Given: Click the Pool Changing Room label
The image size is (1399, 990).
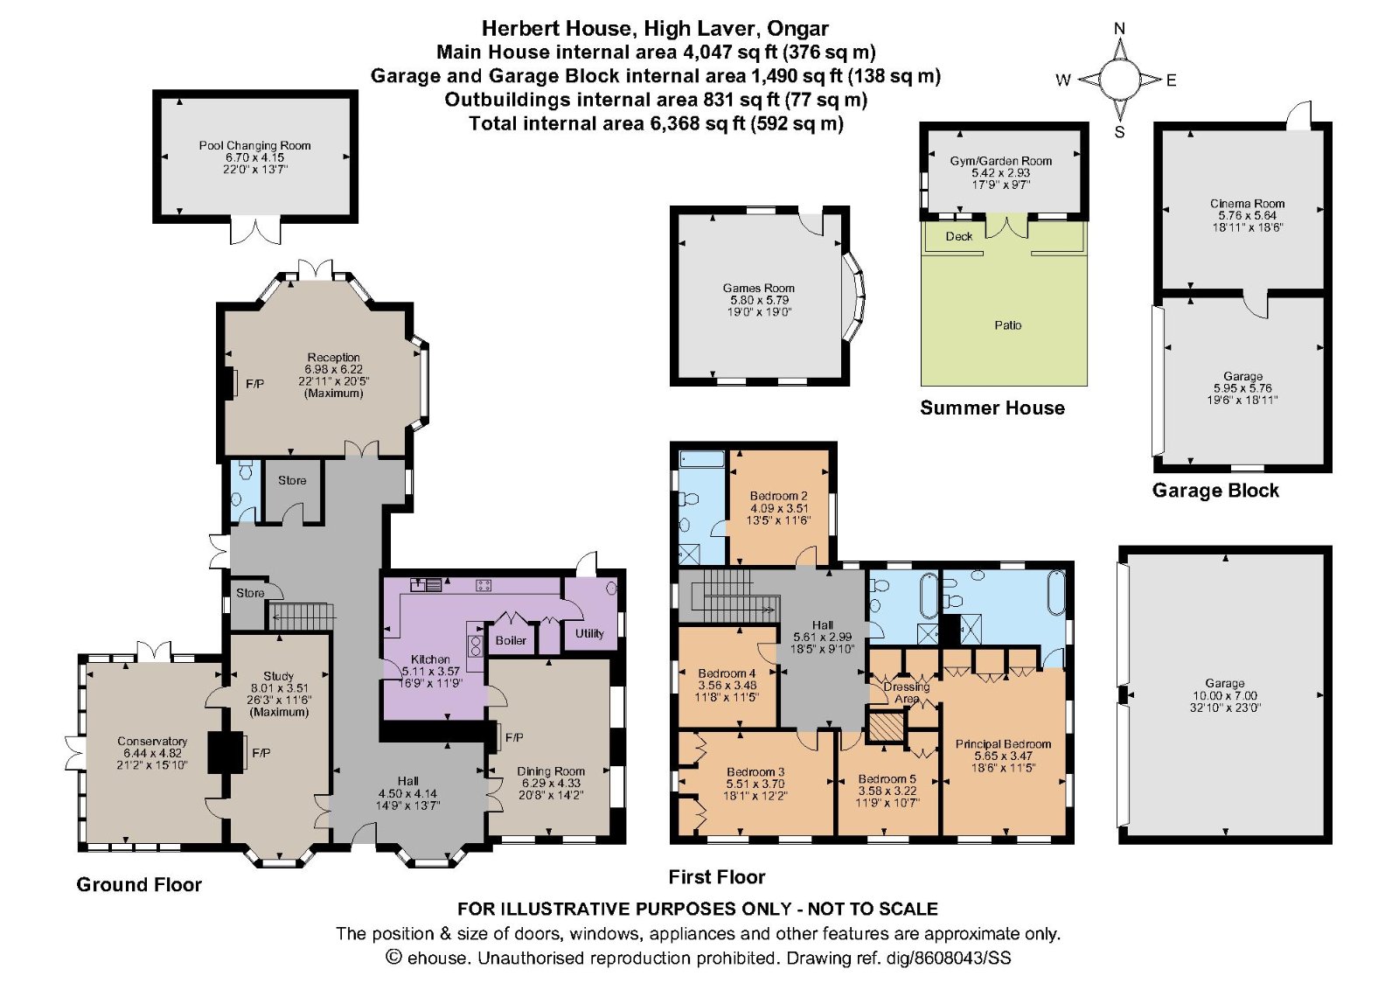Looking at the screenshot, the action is tap(254, 145).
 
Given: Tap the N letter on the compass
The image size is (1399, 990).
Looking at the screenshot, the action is tap(1120, 28).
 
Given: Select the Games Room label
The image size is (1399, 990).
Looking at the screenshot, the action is tap(759, 288).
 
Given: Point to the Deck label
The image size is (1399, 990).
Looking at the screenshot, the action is tap(958, 237).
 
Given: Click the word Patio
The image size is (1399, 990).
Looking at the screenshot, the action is tap(1008, 324).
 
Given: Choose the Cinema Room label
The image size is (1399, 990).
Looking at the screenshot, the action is tap(1247, 204).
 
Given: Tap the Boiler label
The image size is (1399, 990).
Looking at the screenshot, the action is tap(511, 640).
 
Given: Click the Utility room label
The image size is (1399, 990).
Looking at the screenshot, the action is tap(589, 633).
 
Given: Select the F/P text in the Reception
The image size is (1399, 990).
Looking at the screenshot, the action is tap(254, 384).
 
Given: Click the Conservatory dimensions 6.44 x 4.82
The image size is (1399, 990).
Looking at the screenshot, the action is tap(152, 753).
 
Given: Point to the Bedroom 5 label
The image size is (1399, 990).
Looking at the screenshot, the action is tap(887, 779).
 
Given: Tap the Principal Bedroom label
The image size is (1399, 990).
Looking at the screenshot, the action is tap(1003, 744).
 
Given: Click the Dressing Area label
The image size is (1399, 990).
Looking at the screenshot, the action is tap(907, 693).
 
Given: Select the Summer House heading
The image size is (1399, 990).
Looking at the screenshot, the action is tap(992, 408).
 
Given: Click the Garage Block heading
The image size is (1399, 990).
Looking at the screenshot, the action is tap(1215, 491).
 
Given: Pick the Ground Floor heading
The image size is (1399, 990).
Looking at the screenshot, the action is tap(139, 884).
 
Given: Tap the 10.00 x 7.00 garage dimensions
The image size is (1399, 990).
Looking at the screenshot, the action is tap(1225, 696).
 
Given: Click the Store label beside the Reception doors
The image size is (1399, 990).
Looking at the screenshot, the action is tap(292, 480).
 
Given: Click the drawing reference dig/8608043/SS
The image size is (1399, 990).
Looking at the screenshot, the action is tap(949, 959).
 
